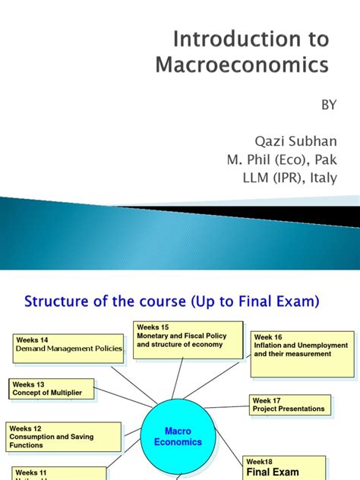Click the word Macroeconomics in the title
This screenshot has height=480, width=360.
point(242,65)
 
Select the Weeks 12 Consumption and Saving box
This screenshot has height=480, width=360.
point(64,436)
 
